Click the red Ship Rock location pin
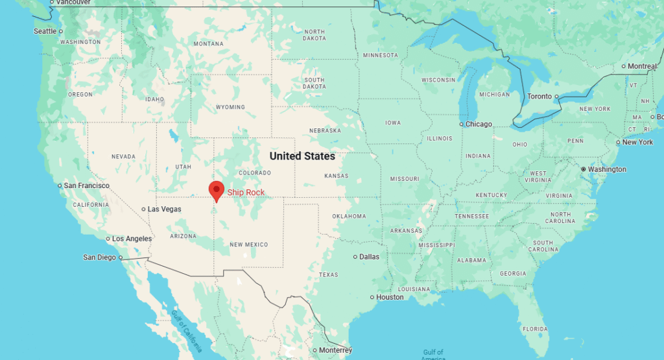pyautogui.click(x=216, y=190)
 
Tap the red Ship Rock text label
pyautogui.click(x=246, y=192)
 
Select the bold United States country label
pyautogui.click(x=302, y=156)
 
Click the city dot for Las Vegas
pyautogui.click(x=143, y=209)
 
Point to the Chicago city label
pyautogui.click(x=479, y=124)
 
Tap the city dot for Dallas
pyautogui.click(x=355, y=257)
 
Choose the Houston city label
pyautogui.click(x=390, y=297)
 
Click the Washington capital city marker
pyautogui.click(x=583, y=169)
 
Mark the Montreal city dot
pyautogui.click(x=623, y=66)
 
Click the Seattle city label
pyautogui.click(x=45, y=31)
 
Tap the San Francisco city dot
pyautogui.click(x=60, y=186)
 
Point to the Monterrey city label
pyautogui.click(x=335, y=350)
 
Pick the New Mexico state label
pyautogui.click(x=248, y=245)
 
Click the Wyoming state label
pyautogui.click(x=230, y=107)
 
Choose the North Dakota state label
pyautogui.click(x=314, y=35)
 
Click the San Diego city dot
pyautogui.click(x=121, y=258)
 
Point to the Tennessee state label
pyautogui.click(x=471, y=216)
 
